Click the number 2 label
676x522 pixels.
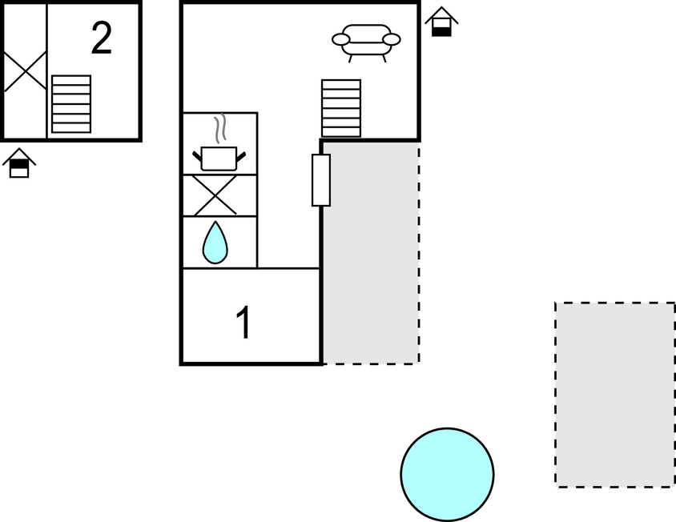(x=101, y=38)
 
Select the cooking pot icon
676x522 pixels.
(x=219, y=157)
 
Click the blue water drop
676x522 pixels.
(x=215, y=243)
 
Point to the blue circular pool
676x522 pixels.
(x=447, y=474)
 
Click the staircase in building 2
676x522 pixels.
(x=71, y=103)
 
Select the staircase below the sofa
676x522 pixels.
(x=341, y=108)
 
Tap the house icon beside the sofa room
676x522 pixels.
(x=441, y=22)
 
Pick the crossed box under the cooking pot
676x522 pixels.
(x=216, y=195)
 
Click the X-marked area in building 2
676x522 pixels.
(x=25, y=70)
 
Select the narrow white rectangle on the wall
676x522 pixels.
(x=321, y=180)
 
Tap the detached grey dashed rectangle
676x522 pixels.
(x=615, y=394)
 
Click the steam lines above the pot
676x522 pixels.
(x=222, y=127)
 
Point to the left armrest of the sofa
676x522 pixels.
(x=340, y=39)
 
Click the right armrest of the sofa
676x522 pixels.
(x=392, y=39)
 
